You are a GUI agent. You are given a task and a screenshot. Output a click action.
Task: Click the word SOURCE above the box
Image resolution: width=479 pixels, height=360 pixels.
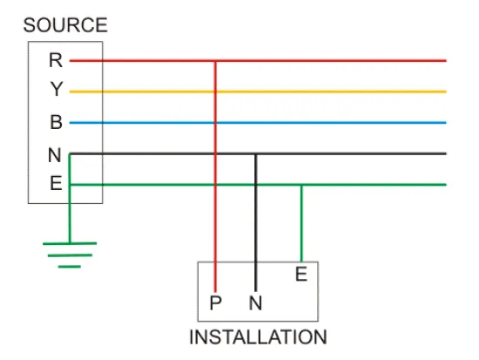click(65, 25)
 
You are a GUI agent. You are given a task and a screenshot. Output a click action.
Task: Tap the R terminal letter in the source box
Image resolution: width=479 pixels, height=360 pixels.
click(56, 60)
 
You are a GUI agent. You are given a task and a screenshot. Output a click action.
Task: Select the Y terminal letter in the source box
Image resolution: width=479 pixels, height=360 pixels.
click(57, 89)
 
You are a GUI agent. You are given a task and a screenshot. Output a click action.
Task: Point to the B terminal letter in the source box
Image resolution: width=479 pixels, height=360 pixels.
click(56, 122)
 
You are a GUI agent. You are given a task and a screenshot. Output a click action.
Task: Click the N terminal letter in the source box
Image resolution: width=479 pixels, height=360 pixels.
click(55, 155)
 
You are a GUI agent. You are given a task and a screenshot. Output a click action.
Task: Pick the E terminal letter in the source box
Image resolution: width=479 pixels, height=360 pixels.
click(56, 183)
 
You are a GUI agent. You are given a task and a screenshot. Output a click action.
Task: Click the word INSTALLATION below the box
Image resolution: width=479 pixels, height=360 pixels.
click(258, 337)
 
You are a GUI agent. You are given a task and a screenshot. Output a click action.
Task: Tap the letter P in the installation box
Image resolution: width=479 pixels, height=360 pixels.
click(215, 302)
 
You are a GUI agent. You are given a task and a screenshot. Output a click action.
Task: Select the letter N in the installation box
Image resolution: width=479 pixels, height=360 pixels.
click(255, 302)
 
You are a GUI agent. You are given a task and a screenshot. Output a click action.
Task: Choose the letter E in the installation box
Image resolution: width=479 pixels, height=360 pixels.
click(301, 274)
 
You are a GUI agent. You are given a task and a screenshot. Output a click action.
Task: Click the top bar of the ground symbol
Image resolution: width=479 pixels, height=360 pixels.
click(70, 243)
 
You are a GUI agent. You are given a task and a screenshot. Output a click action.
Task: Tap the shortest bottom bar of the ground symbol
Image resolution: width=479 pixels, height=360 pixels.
click(70, 267)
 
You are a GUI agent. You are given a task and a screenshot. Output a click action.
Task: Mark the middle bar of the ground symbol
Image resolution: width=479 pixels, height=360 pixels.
click(70, 255)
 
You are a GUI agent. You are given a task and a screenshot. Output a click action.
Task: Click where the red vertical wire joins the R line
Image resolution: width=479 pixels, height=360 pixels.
click(215, 61)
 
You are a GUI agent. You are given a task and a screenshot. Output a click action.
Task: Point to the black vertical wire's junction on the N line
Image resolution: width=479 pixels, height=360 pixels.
click(256, 153)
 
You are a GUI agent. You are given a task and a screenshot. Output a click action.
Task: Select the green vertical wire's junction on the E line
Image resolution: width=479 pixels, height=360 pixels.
click(301, 185)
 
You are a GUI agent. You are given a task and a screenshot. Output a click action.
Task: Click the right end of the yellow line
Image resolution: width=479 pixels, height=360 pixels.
click(446, 92)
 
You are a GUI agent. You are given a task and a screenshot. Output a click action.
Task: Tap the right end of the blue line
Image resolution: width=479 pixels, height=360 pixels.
click(446, 123)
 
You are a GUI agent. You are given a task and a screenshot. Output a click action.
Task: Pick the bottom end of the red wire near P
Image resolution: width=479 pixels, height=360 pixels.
click(215, 292)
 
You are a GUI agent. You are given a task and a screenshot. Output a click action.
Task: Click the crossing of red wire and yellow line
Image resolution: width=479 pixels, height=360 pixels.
click(215, 92)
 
